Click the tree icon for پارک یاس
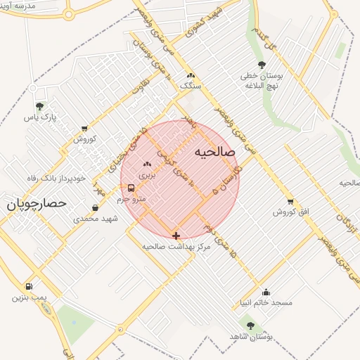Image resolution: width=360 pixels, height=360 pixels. tap(38, 107)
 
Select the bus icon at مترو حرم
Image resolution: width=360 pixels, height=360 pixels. tap(131, 188)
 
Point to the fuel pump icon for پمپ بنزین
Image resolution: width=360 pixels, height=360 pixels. tap(29, 286)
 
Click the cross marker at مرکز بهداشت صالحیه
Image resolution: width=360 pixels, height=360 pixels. tap(175, 236)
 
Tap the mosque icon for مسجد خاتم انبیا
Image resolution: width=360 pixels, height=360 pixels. tap(266, 292)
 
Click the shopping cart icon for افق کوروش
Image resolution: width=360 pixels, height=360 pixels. tap(291, 202)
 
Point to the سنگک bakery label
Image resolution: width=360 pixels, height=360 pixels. tap(190, 86)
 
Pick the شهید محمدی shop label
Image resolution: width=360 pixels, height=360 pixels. tap(96, 219)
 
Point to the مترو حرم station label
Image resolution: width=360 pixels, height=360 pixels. tap(131, 200)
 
